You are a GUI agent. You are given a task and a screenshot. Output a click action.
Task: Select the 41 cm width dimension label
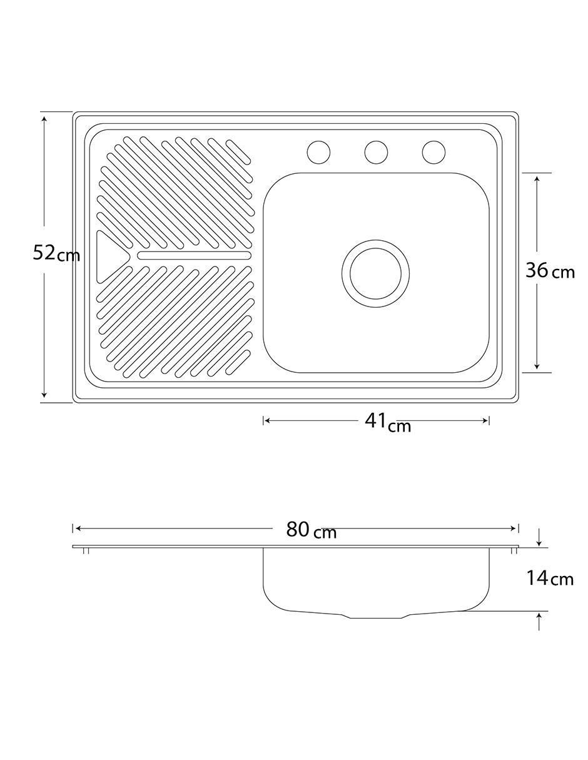pyautogui.click(x=388, y=422)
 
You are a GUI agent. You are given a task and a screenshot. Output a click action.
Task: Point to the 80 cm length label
pyautogui.click(x=311, y=530)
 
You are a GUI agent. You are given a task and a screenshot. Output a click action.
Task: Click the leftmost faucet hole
pyautogui.click(x=318, y=152)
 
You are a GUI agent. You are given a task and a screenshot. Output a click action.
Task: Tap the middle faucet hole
pyautogui.click(x=376, y=152)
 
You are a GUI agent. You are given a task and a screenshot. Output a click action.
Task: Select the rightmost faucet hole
pyautogui.click(x=433, y=152)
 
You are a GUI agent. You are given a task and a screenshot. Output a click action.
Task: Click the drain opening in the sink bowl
pyautogui.click(x=375, y=274)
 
